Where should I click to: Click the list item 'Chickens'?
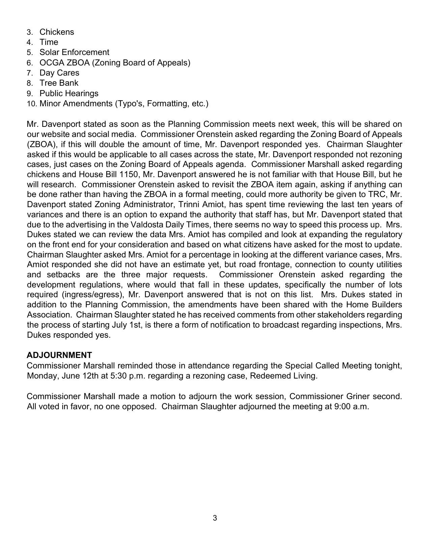(x=57, y=32)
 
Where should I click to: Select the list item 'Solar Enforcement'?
(x=74, y=52)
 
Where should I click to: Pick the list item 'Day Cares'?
(x=59, y=73)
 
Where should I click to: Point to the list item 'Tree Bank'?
(x=59, y=83)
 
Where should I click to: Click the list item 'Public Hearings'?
(x=69, y=93)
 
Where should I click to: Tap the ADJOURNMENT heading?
(x=59, y=355)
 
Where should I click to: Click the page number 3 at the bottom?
(x=215, y=518)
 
